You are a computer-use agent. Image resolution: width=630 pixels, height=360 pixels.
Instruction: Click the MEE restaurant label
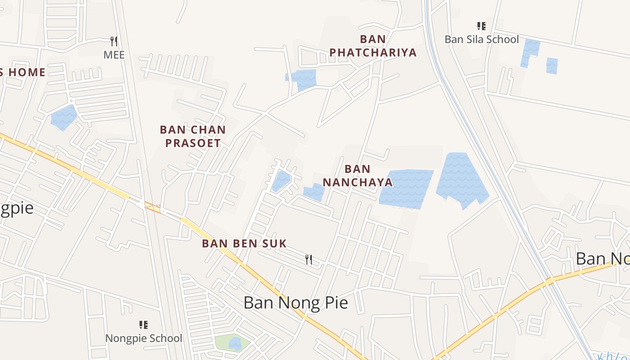pos(114,55)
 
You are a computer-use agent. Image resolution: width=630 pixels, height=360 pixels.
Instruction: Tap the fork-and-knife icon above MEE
pos(114,41)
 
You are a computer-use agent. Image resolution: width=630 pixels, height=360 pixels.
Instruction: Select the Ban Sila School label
pos(481,40)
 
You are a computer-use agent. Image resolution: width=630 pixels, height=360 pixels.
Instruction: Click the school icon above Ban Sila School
pos(481,26)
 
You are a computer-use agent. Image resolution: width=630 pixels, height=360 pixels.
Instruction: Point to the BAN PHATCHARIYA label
pos(373,46)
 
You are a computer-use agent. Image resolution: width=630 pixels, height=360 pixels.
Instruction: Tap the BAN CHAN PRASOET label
pos(193,136)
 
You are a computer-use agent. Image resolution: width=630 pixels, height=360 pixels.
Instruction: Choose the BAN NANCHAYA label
pos(358,175)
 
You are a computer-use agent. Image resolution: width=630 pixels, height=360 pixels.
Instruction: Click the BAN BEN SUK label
pos(244,243)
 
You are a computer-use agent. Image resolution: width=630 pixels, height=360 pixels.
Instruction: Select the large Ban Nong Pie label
pos(296,303)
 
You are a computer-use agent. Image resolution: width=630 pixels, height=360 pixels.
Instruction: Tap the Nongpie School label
pos(144,338)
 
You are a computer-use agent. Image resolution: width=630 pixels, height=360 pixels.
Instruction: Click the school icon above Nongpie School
pos(144,324)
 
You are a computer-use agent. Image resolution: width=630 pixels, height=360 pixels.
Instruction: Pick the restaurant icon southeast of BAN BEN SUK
pos(309,259)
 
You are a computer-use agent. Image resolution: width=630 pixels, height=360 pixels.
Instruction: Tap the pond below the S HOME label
pos(63,117)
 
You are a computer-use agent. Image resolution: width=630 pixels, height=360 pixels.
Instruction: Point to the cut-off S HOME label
pos(22,72)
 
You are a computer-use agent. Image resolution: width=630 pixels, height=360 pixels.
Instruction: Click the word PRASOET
pos(193,143)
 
